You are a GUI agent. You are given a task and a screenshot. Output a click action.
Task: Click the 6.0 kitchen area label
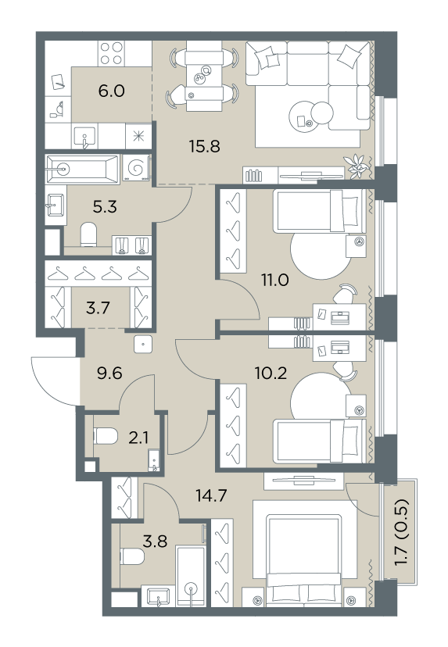pos(112,91)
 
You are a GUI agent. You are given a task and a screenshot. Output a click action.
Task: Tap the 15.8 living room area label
pos(204,146)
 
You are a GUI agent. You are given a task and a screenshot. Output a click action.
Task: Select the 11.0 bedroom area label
pos(274,281)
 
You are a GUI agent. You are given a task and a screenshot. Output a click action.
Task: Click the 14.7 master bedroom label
pos(211,495)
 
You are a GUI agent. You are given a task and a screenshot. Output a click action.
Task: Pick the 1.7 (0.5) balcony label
pos(402,532)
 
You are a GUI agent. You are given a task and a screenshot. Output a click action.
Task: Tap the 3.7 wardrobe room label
pos(98,308)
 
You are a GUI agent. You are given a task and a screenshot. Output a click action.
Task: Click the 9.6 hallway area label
pos(109,374)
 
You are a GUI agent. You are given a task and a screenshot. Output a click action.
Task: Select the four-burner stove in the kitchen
pos(112,53)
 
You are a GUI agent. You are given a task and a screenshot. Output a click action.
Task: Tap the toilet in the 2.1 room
pos(106,436)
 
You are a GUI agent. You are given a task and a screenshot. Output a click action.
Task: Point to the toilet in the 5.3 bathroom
pos(88,234)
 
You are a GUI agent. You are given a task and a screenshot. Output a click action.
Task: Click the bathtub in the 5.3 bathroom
pos(83,169)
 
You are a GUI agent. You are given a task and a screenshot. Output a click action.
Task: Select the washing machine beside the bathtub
pos(136,168)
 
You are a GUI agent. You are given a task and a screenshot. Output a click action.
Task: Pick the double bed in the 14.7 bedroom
pos(304,559)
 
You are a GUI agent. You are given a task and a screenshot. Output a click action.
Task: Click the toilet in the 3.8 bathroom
pos(132,556)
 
